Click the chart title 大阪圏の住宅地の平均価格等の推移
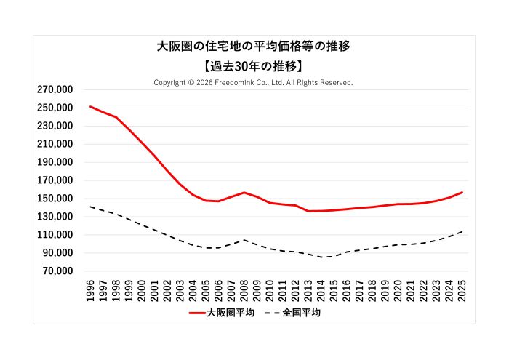[254, 47]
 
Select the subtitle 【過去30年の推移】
[254, 65]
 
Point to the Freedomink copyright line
[254, 82]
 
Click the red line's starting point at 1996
[91, 106]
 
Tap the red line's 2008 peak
[244, 193]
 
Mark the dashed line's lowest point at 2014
[321, 257]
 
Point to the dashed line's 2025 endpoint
[462, 231]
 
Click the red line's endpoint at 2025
[462, 193]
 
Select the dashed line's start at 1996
[91, 207]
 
